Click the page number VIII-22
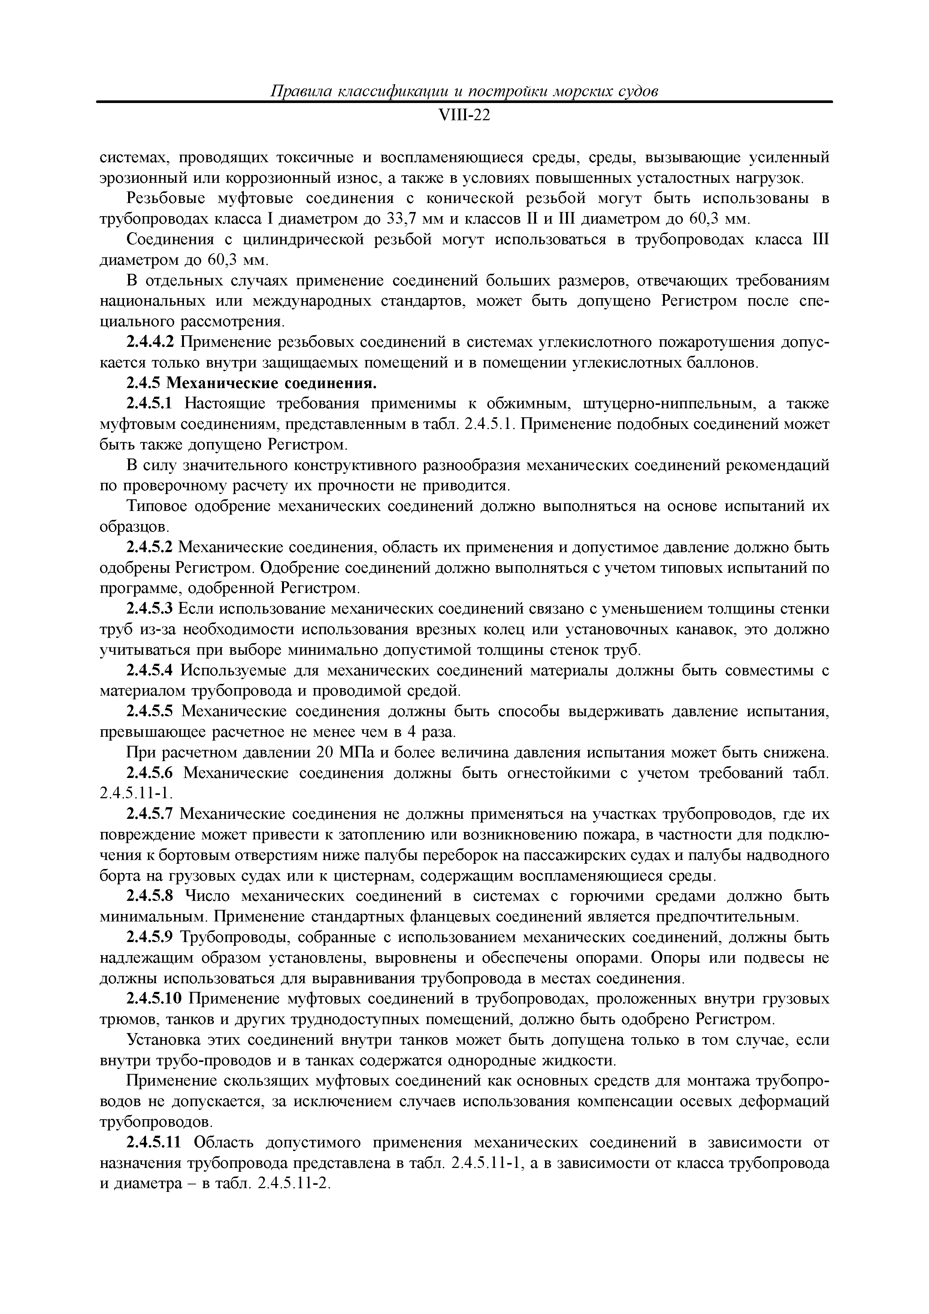[464, 116]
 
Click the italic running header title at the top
[464, 91]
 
